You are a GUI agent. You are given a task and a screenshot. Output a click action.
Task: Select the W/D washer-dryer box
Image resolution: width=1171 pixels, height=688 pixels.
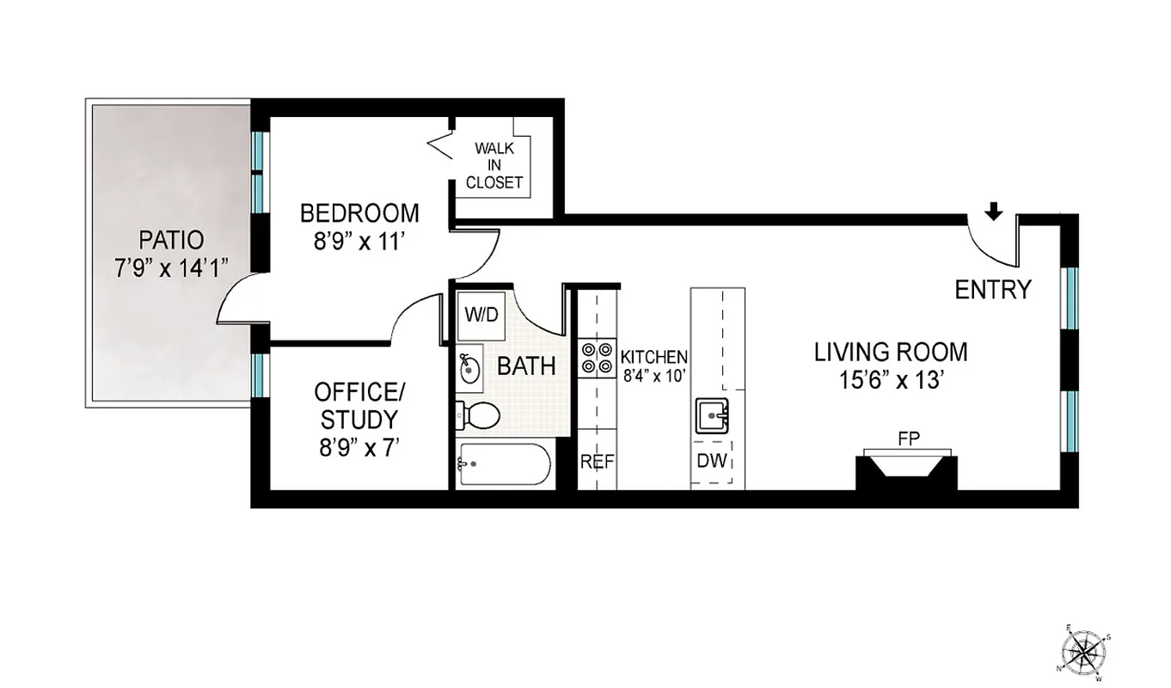tap(481, 315)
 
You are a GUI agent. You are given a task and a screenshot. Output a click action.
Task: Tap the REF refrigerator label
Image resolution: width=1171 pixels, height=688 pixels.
tap(597, 462)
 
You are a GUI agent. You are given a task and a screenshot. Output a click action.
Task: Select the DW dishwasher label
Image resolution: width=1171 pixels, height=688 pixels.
tap(713, 462)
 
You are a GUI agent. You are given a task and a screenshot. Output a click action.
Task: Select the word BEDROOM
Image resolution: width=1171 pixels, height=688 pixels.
tap(359, 212)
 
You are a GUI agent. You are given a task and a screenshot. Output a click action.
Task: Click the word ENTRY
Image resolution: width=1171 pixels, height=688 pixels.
tap(992, 290)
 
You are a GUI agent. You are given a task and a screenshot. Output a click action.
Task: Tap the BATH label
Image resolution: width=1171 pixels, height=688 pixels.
tap(526, 366)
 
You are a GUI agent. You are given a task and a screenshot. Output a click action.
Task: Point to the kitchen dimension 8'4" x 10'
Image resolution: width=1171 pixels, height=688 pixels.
tap(654, 373)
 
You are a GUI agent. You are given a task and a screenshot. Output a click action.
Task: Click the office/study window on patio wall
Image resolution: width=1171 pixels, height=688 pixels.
tap(256, 374)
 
